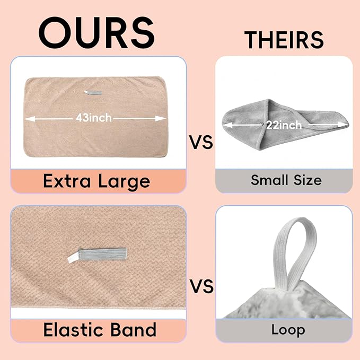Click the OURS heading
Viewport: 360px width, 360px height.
(96, 32)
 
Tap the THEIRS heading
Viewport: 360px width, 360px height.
(284, 40)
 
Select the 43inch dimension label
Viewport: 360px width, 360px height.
(94, 118)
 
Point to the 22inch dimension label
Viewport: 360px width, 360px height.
(284, 125)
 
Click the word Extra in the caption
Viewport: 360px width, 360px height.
(67, 181)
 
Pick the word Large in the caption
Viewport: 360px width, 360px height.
(124, 181)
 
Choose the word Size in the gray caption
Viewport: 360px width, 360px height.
(308, 180)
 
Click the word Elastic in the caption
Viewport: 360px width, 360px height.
(74, 330)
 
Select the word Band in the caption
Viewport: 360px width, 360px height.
(134, 330)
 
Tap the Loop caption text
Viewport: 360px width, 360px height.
(288, 330)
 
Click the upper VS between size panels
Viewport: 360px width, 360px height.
(201, 142)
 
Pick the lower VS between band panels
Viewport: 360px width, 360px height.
(202, 286)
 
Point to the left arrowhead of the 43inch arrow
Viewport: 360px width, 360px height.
(29, 119)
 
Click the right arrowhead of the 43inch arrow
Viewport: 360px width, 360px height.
(161, 119)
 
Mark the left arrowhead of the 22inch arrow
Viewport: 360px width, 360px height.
(228, 125)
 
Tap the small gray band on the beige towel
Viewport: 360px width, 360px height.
(93, 93)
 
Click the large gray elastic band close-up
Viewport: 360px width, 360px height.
(97, 254)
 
